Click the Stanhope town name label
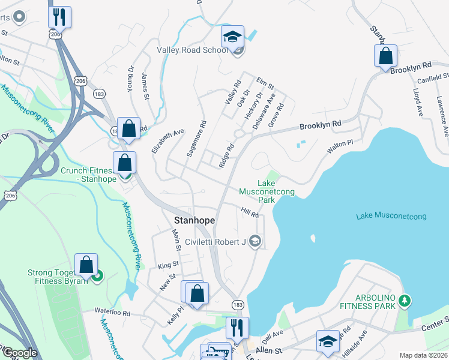pyautogui.click(x=194, y=220)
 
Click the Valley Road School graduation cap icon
pyautogui.click(x=232, y=37)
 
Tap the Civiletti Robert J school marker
pyautogui.click(x=255, y=241)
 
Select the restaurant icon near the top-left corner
pyautogui.click(x=59, y=17)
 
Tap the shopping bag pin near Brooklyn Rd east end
pyautogui.click(x=385, y=56)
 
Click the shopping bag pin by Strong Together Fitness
pyautogui.click(x=86, y=265)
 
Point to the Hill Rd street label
pyautogui.click(x=250, y=213)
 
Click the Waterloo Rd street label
pyautogui.click(x=112, y=312)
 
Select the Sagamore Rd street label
pyautogui.click(x=196, y=139)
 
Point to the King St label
pyautogui.click(x=169, y=264)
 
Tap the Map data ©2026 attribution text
pyautogui.click(x=423, y=355)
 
